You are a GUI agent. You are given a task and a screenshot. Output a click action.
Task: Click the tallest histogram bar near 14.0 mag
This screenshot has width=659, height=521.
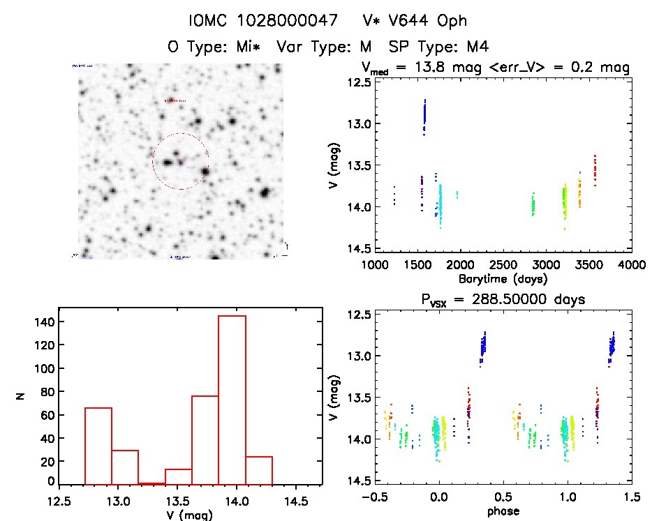pyautogui.click(x=232, y=399)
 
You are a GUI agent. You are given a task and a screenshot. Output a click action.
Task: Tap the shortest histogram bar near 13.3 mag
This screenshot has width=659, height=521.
pyautogui.click(x=151, y=483)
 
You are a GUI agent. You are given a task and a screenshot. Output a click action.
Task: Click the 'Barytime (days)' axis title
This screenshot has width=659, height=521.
pyautogui.click(x=502, y=278)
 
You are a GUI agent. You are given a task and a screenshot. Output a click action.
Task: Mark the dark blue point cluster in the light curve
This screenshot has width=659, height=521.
pyautogui.click(x=424, y=116)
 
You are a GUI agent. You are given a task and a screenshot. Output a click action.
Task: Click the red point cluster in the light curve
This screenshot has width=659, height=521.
pyautogui.click(x=595, y=170)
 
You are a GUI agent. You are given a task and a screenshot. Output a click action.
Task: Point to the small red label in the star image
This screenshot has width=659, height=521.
pyautogui.click(x=175, y=101)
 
